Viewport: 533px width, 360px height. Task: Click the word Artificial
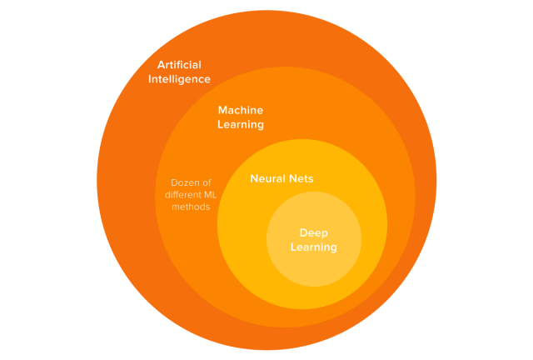coord(179,65)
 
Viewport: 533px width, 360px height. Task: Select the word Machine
coord(241,110)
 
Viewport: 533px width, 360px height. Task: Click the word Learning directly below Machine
coord(241,125)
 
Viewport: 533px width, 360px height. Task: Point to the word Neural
coord(268,178)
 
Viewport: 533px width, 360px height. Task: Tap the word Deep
coord(314,232)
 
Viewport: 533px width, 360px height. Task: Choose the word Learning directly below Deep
coord(314,247)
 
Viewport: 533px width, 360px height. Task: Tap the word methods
coord(187,207)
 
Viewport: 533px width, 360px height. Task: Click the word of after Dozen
coord(205,182)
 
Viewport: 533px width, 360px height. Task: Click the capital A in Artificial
coord(162,65)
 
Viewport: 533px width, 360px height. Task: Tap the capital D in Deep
coord(303,232)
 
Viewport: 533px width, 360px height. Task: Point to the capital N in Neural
coord(255,178)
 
